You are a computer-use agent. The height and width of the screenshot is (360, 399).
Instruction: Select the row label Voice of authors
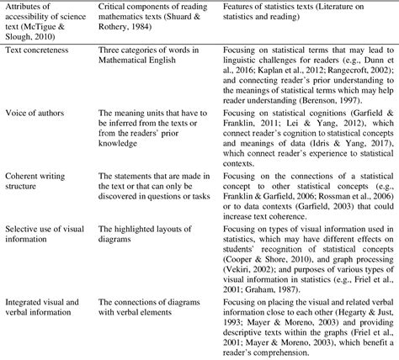[x=33, y=135]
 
